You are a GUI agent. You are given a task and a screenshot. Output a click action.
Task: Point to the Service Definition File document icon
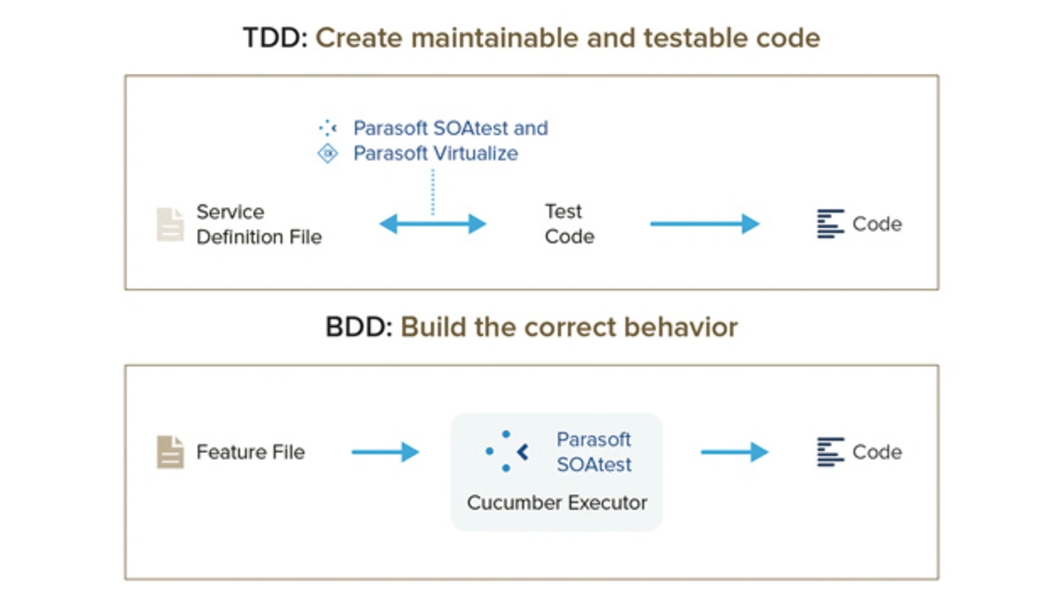[x=170, y=224]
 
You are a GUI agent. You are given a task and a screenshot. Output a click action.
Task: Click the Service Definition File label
[x=259, y=224]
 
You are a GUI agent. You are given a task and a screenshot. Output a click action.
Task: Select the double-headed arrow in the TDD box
[x=433, y=224]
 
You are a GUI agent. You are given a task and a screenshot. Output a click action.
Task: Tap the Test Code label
[x=569, y=224]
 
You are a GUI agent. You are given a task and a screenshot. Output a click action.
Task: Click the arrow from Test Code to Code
[x=705, y=224]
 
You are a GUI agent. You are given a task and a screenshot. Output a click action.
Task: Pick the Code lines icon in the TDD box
[x=831, y=224]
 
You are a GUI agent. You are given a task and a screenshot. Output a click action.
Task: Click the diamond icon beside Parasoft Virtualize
[x=328, y=154]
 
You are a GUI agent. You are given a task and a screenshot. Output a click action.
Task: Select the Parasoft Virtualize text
[x=435, y=154]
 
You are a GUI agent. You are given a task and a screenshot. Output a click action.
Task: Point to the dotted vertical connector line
[x=433, y=193]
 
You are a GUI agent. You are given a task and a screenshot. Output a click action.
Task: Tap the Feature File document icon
[x=170, y=452]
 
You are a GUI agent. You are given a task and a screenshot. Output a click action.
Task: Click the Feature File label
[x=251, y=452]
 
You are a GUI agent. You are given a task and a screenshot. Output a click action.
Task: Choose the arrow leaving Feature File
[x=386, y=452]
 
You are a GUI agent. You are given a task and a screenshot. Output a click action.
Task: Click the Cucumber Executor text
[x=557, y=503]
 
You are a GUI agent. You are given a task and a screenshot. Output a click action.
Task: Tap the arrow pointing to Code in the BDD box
[x=735, y=452]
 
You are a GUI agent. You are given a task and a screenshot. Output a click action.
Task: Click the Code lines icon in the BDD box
[x=831, y=452]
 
